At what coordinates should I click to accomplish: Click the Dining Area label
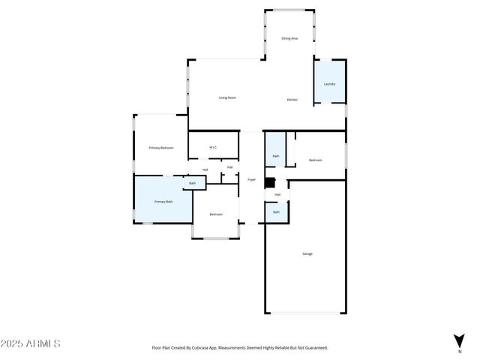point(289,38)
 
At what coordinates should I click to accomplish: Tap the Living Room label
point(227,97)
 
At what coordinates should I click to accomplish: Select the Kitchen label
point(292,100)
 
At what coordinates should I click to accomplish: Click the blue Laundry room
point(329,82)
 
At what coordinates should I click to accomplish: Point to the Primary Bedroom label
point(161,148)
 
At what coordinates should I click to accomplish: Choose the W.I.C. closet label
point(213,147)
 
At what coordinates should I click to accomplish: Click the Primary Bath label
point(163,202)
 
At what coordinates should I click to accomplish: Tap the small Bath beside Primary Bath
point(193,183)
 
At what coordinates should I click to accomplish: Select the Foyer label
point(252,180)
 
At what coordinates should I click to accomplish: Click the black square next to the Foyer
point(271,181)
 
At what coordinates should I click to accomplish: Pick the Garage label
point(307,254)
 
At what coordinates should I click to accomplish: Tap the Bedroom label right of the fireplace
point(315,160)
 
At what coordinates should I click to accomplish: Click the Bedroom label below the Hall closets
point(216,214)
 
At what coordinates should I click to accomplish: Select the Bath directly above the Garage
point(276,212)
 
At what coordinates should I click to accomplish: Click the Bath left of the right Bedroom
point(276,156)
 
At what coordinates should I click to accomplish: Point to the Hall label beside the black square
point(277,194)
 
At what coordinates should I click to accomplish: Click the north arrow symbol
point(459,340)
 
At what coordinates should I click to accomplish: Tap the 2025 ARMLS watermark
point(31,343)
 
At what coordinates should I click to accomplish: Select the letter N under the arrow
point(459,351)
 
